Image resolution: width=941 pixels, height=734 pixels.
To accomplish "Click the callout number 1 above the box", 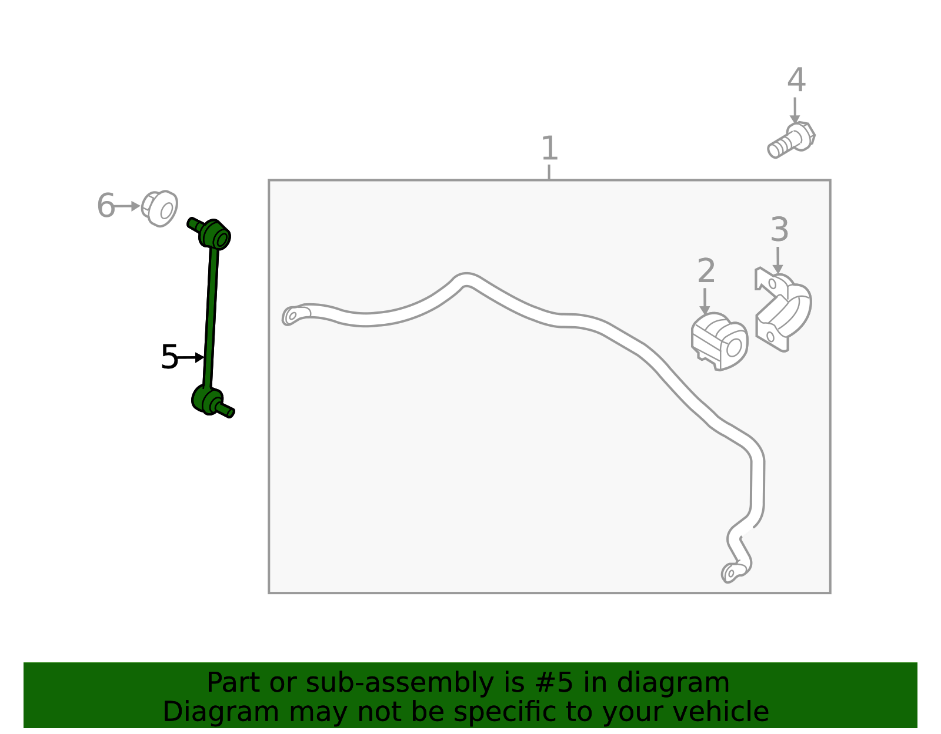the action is click(549, 148).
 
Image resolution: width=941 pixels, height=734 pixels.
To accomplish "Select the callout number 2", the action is click(706, 271).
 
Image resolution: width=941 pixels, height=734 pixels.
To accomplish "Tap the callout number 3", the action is click(779, 229).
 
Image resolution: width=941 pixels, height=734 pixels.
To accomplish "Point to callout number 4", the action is click(796, 80).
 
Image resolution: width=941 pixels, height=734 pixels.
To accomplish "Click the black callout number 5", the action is click(169, 357).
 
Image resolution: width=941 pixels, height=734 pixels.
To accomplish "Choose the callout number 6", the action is click(106, 205).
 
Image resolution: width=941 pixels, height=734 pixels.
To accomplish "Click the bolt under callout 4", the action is click(791, 140).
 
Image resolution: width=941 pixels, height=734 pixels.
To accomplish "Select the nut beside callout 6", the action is click(159, 209).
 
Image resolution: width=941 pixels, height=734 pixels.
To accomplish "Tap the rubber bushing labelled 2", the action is click(719, 341).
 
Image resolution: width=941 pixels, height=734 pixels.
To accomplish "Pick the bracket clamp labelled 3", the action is click(783, 309).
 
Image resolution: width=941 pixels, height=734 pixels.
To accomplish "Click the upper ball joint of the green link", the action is click(214, 234).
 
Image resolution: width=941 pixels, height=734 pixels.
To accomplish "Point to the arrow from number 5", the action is click(190, 358).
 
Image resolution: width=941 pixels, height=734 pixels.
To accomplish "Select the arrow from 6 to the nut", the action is click(127, 206).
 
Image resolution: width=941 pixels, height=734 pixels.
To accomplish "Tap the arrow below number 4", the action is click(795, 110).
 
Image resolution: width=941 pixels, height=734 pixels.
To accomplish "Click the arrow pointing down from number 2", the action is click(705, 301).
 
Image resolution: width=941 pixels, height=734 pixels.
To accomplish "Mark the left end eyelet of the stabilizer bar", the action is click(295, 315).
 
